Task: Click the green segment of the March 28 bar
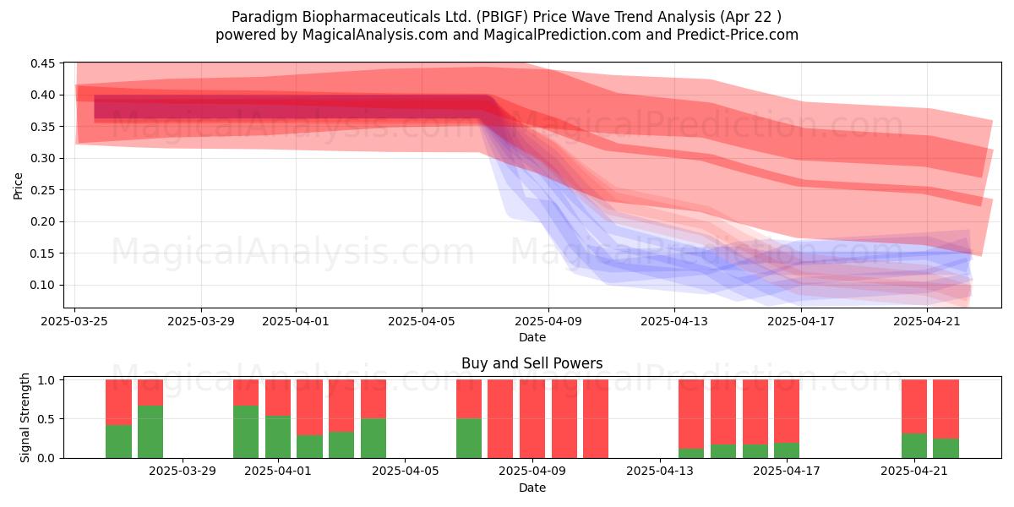(x=150, y=432)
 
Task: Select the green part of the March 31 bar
(x=246, y=432)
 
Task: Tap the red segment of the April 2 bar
(x=309, y=407)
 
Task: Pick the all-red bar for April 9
(x=532, y=419)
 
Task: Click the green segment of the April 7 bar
(x=469, y=439)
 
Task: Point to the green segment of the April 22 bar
(x=946, y=448)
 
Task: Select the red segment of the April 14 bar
(x=723, y=412)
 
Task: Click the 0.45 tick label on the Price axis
(x=42, y=63)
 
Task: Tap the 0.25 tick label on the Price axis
(x=42, y=190)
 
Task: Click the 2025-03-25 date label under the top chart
(x=74, y=321)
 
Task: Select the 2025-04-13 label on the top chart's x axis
(x=674, y=321)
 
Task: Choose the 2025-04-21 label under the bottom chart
(x=914, y=472)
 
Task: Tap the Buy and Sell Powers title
(x=532, y=363)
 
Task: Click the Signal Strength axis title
(x=25, y=417)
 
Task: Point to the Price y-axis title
(x=18, y=186)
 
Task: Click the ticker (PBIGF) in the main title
(x=502, y=17)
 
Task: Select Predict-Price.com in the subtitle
(x=738, y=35)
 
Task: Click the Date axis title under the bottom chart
(x=532, y=488)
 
